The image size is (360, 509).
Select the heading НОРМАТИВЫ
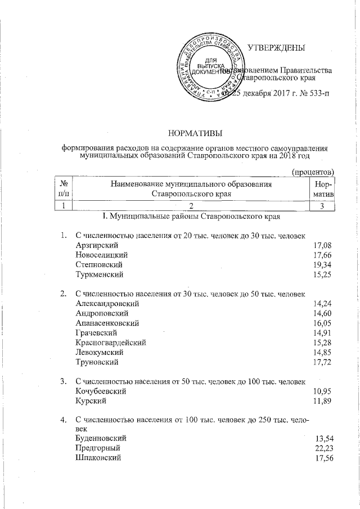195,133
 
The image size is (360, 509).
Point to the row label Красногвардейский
110,343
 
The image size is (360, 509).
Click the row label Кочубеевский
100,391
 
